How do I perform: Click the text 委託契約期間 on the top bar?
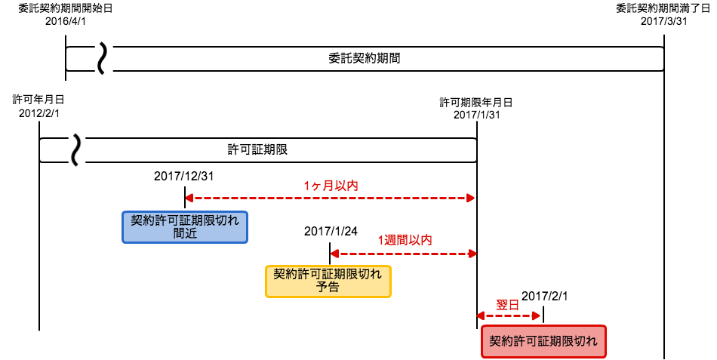pyautogui.click(x=365, y=59)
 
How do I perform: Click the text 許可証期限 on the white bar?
pyautogui.click(x=257, y=150)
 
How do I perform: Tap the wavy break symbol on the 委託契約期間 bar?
pyautogui.click(x=103, y=59)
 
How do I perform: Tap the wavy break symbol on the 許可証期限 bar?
pyautogui.click(x=77, y=150)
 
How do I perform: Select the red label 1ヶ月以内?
pyautogui.click(x=331, y=186)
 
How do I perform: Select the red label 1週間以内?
pyautogui.click(x=405, y=240)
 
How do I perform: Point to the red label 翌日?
pyautogui.click(x=507, y=305)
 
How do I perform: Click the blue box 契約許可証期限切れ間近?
pyautogui.click(x=185, y=227)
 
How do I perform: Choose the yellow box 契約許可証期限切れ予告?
pyautogui.click(x=328, y=282)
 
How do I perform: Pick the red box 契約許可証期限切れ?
pyautogui.click(x=543, y=341)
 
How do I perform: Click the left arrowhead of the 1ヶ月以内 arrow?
pyautogui.click(x=189, y=198)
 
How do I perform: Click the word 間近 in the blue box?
pyautogui.click(x=185, y=234)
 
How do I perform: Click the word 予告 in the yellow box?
pyautogui.click(x=328, y=288)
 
